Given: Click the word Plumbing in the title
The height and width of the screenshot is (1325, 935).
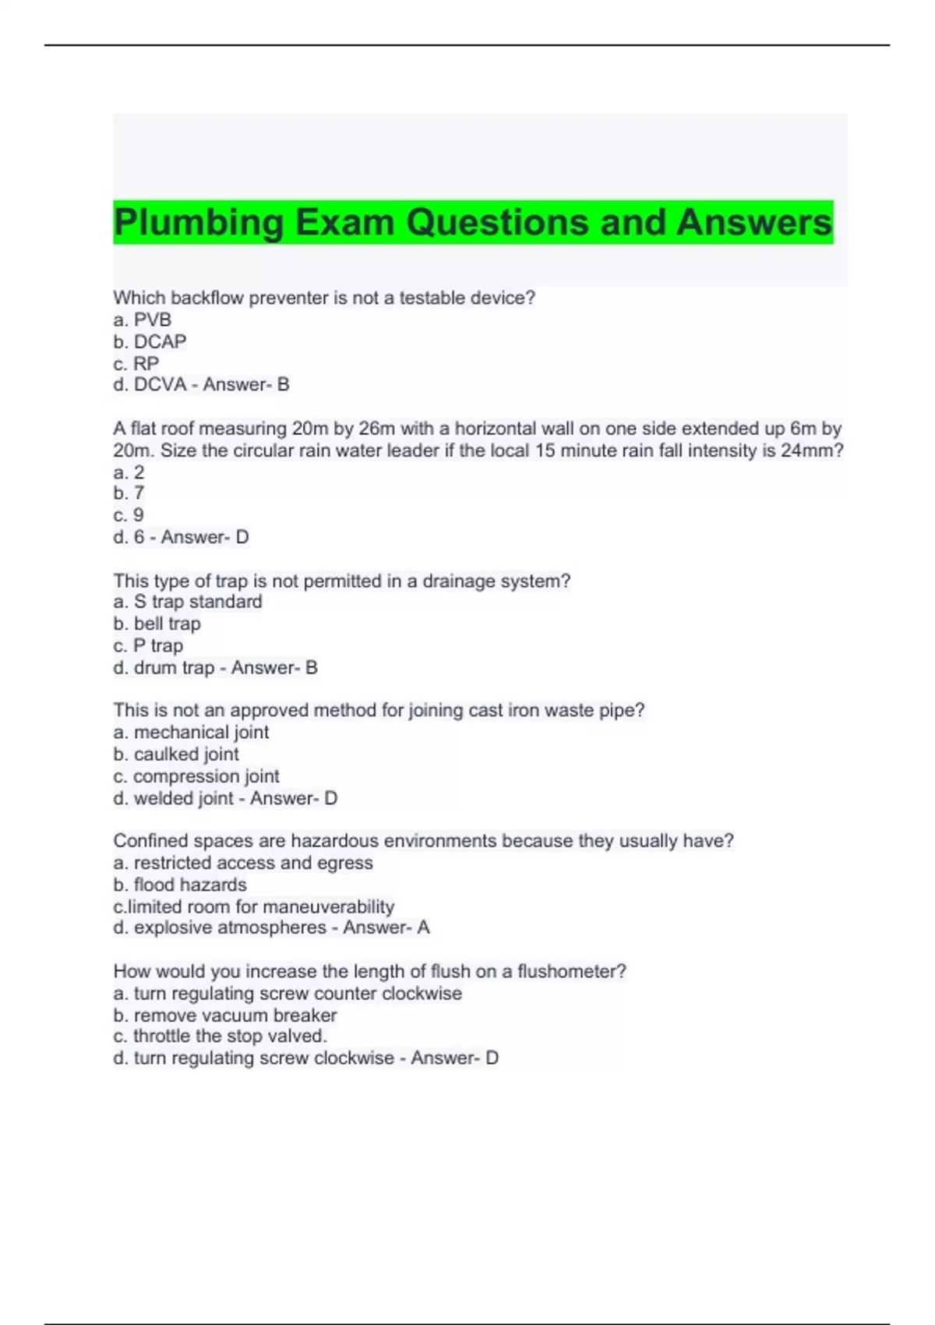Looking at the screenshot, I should click(199, 223).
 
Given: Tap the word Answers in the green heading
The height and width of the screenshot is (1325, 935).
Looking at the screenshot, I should click(753, 223).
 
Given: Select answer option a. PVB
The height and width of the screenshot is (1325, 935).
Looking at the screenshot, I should click(143, 320).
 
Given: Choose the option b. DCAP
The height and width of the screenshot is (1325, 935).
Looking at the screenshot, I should click(150, 341).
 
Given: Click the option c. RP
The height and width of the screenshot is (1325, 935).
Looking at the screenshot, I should click(136, 363).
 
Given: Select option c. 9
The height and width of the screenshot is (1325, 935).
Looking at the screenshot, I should click(129, 515).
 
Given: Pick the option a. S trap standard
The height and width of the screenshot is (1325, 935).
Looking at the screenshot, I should click(188, 602).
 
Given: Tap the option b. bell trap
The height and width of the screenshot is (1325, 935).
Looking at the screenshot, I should click(157, 624).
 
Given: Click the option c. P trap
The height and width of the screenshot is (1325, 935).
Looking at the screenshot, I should click(148, 645).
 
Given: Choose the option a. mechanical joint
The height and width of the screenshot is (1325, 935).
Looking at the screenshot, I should click(191, 732).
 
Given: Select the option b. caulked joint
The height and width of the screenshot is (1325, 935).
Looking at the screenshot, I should click(176, 754).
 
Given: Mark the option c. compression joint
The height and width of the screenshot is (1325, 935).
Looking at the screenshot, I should click(196, 776).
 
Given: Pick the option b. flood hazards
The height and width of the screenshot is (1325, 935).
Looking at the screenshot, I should click(180, 885).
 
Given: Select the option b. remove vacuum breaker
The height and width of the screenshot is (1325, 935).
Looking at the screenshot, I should click(225, 1015).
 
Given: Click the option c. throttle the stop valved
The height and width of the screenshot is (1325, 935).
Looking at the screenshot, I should click(221, 1036).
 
